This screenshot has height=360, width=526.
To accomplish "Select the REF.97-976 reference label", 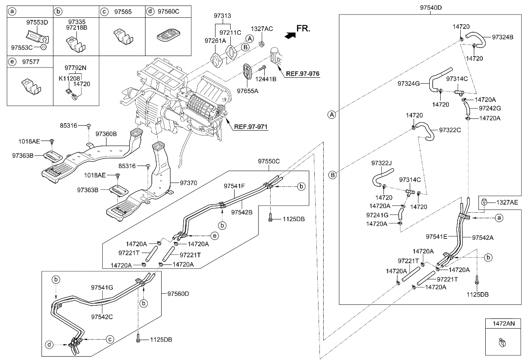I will point(303,73).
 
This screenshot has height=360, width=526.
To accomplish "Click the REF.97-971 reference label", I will point(251,127).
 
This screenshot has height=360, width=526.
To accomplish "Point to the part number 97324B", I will point(503,37).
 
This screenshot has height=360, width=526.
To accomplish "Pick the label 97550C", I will point(269,161).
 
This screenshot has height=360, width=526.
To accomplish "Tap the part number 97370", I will point(189,183).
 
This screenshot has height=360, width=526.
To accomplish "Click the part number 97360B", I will point(106,134).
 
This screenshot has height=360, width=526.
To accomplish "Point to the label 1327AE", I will point(507,202).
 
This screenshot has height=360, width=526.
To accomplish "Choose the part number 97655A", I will point(248,90).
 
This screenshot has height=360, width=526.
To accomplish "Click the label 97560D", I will point(178,293).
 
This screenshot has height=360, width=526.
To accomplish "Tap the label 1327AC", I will point(262,28).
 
